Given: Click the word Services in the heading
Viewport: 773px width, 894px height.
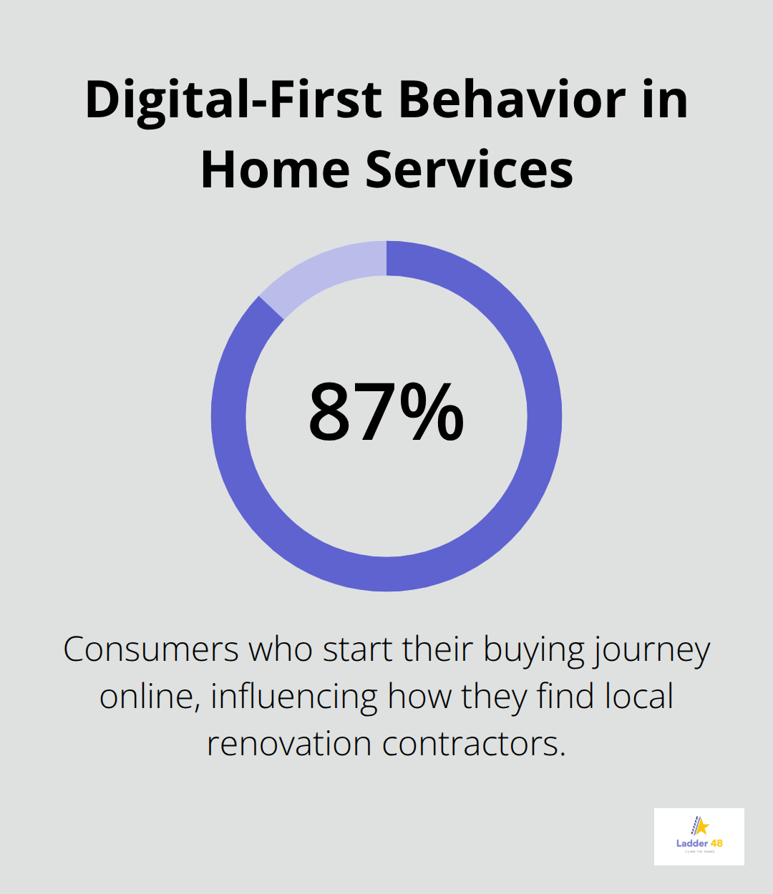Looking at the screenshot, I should click(x=470, y=170).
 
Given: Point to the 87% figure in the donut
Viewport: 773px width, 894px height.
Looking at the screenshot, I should click(x=386, y=414).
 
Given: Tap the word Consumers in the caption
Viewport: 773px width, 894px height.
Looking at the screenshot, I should click(x=151, y=650).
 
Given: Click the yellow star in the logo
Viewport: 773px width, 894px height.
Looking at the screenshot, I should click(x=701, y=827).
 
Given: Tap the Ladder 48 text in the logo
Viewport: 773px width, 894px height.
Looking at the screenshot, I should click(x=699, y=843).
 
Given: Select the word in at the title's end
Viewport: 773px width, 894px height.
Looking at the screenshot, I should click(x=665, y=100).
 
